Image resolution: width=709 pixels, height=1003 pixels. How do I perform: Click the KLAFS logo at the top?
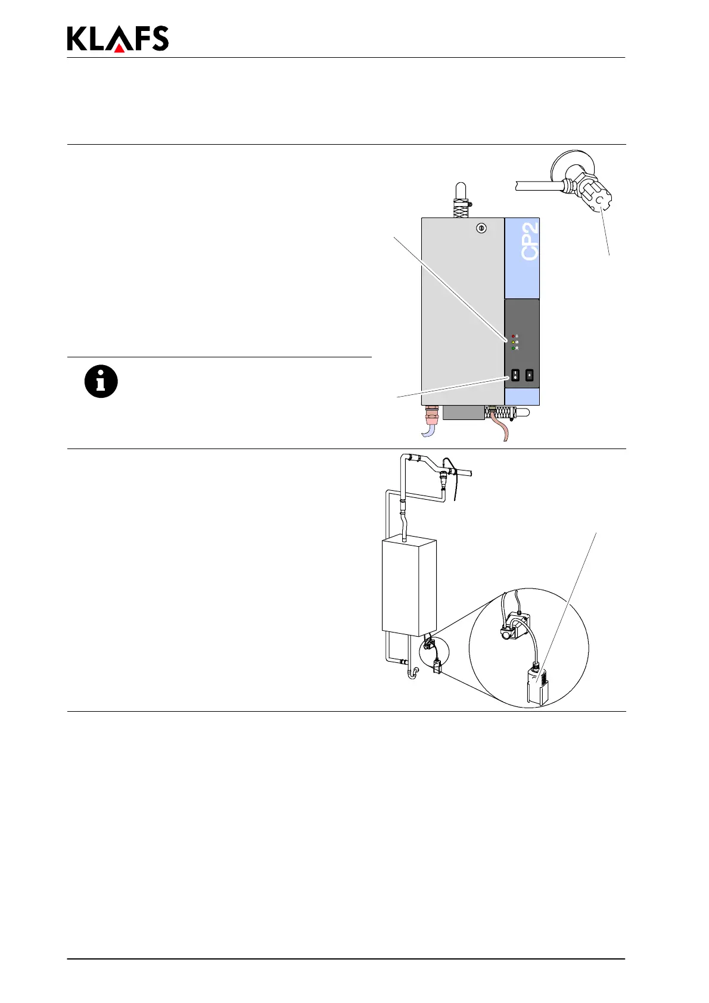coord(118,39)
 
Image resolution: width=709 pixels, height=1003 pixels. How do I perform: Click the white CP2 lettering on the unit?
coord(530,241)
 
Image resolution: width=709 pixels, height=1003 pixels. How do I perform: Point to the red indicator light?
coord(513,336)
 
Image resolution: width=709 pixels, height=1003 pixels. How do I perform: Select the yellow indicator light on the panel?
coord(513,342)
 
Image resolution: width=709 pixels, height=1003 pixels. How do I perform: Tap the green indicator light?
coord(513,348)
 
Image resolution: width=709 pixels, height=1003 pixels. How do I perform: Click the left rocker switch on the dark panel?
coord(514,376)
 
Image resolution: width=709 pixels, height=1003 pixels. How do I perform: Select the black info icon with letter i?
coord(101,381)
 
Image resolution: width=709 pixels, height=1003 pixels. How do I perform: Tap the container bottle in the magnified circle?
coord(538,684)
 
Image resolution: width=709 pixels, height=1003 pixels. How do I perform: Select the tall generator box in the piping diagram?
coord(409,586)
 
